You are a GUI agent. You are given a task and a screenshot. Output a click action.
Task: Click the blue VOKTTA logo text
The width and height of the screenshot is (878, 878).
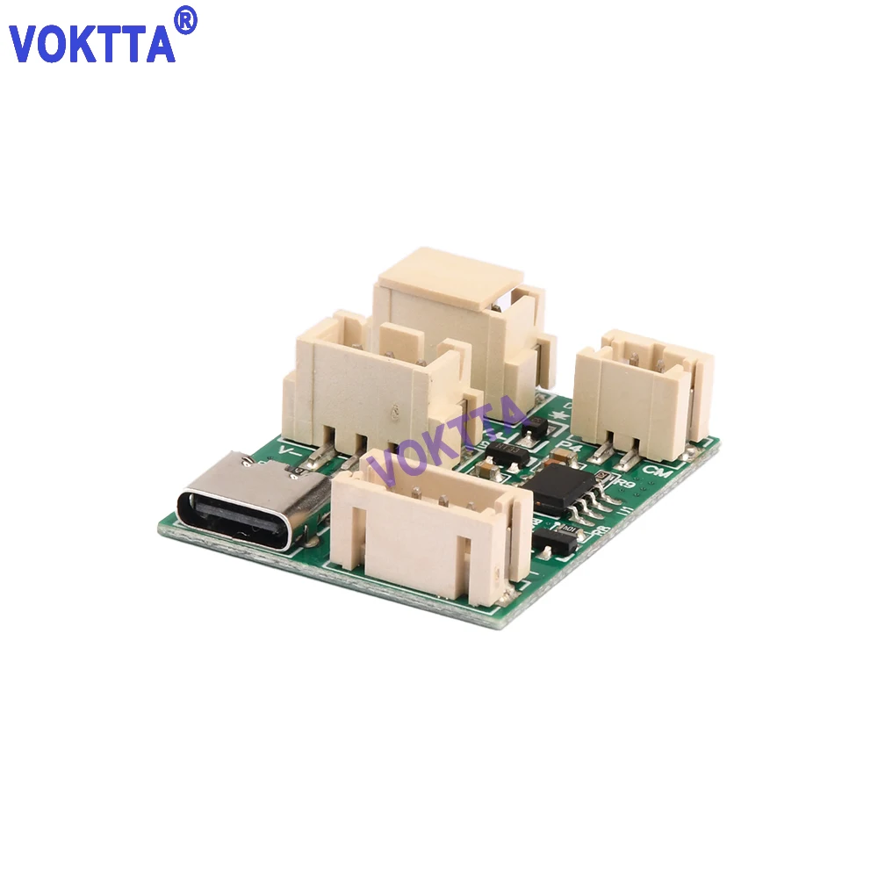tap(92, 42)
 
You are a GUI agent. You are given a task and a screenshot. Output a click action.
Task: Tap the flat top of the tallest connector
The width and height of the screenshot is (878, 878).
tap(450, 275)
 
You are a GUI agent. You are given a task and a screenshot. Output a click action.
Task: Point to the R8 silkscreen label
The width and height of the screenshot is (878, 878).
tap(603, 529)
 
